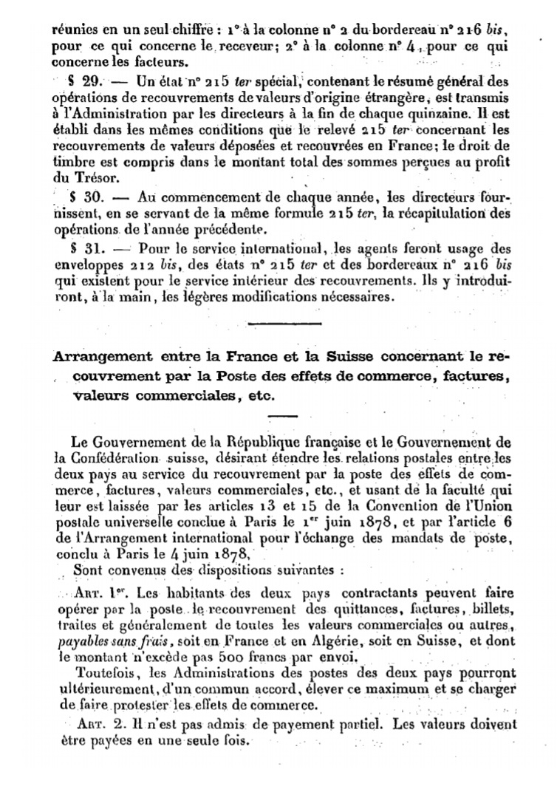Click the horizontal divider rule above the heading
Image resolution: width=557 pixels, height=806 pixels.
point(285,324)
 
